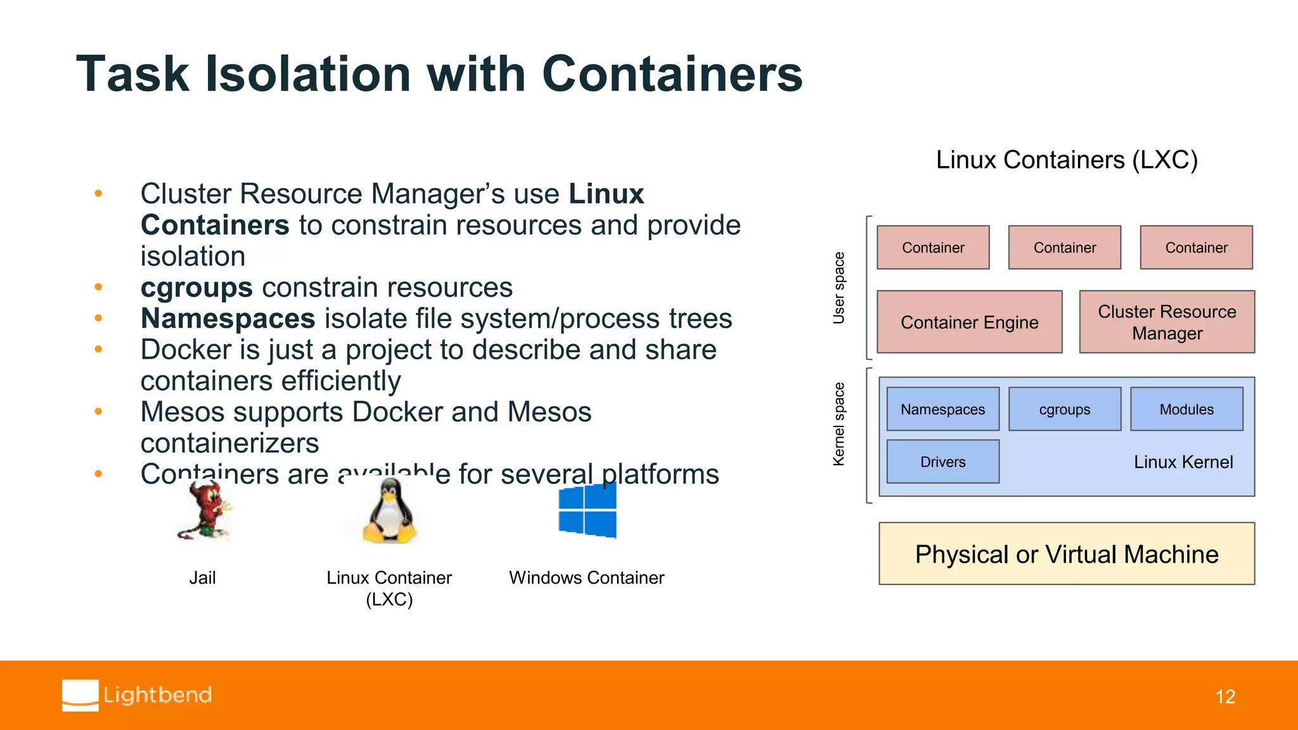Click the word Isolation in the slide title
point(309,74)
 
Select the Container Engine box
point(969,322)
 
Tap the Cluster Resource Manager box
point(1166,322)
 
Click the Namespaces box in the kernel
point(942,409)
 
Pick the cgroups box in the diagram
point(1064,409)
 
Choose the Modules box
point(1186,409)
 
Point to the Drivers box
point(942,462)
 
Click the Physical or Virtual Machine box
point(1066,554)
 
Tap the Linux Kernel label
point(1183,462)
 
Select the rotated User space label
point(839,288)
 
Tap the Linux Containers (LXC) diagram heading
point(1066,160)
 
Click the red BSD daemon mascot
point(204,510)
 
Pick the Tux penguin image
point(389,511)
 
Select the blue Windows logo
point(587,510)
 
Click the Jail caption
point(202,577)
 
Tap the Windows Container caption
point(586,577)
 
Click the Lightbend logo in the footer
point(137,695)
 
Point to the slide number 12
point(1224,696)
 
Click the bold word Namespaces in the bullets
point(228,318)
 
